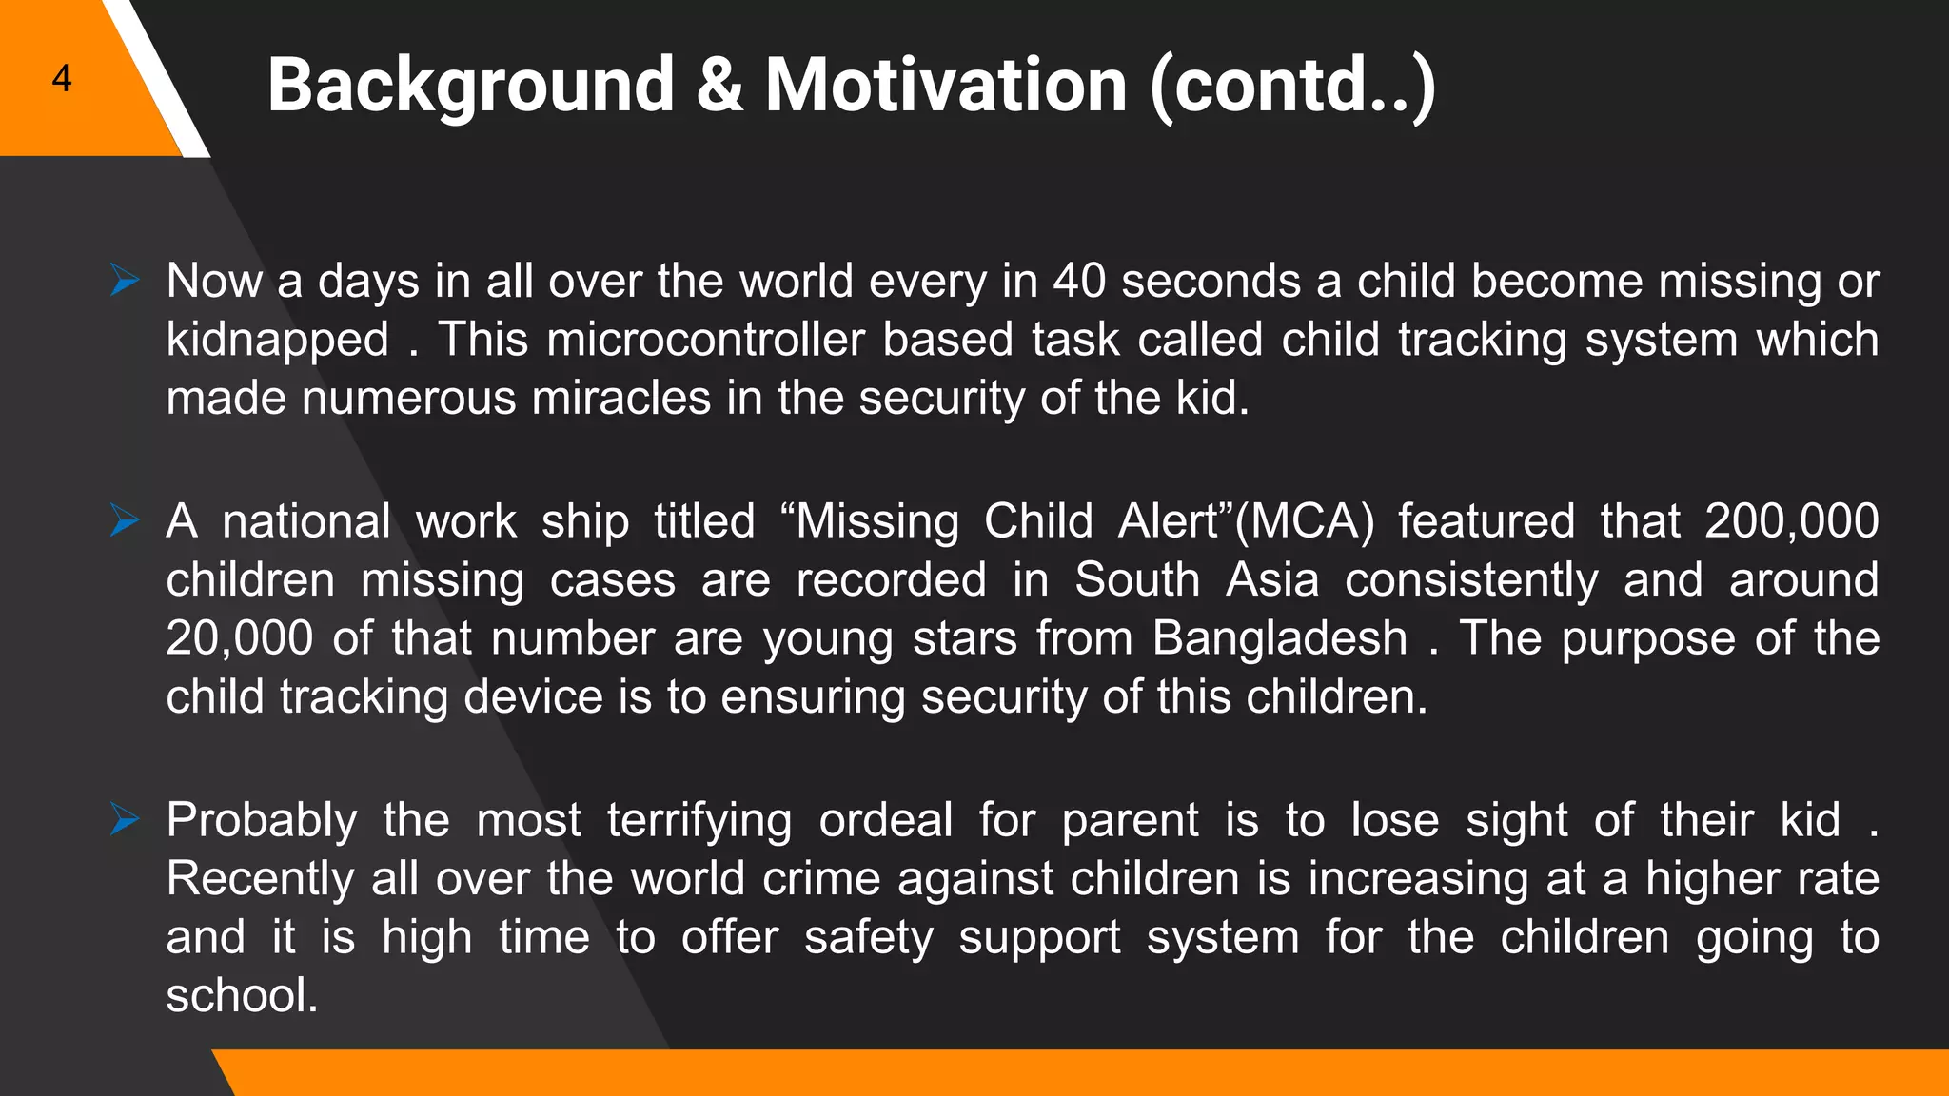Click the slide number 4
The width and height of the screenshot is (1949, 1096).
click(62, 78)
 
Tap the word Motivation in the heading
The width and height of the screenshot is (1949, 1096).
click(946, 86)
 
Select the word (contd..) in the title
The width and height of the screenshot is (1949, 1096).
click(1293, 88)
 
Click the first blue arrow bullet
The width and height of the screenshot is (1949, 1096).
click(125, 281)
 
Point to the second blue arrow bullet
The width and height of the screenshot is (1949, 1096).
click(125, 520)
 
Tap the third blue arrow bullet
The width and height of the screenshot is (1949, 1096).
click(125, 819)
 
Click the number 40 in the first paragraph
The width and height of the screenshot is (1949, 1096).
click(1079, 282)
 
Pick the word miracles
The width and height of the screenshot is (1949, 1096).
click(620, 398)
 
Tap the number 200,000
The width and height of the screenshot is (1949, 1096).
click(1791, 522)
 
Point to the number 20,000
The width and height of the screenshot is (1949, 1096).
click(239, 638)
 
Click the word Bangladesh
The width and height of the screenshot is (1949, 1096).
click(1279, 638)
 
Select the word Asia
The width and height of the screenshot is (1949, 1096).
click(1272, 580)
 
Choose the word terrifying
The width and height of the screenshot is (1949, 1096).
click(699, 821)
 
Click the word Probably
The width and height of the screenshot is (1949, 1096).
click(262, 821)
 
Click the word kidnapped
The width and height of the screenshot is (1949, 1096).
click(278, 341)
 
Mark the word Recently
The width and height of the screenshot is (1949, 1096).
click(260, 879)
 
